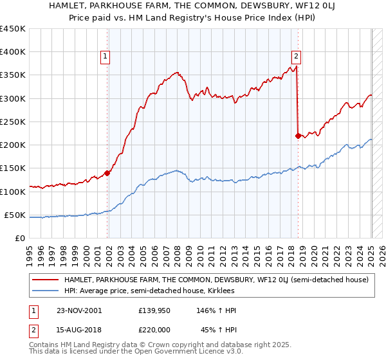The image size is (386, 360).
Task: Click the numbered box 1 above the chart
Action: point(105,57)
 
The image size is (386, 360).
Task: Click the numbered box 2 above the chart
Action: point(297,57)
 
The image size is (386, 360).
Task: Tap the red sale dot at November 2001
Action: point(107,172)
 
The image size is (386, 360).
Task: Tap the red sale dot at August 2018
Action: point(298,136)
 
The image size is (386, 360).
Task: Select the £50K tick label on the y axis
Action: point(15,215)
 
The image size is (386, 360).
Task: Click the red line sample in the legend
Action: point(46,280)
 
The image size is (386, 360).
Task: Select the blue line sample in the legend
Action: point(46,292)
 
